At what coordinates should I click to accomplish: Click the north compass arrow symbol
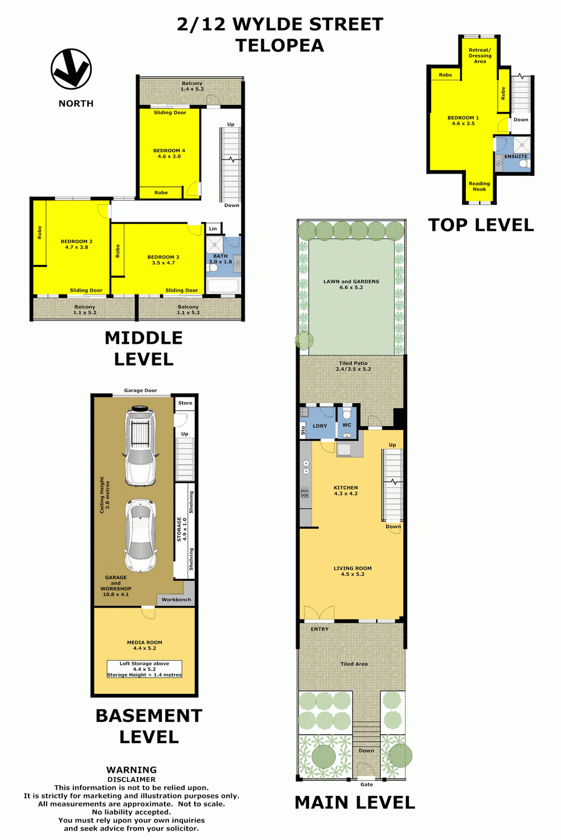pos(71,69)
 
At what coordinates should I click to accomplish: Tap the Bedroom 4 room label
pos(169,151)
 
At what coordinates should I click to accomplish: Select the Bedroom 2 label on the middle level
pos(77,241)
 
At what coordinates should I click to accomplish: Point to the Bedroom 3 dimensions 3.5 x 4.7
pos(163,263)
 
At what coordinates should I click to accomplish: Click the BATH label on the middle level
pos(221,256)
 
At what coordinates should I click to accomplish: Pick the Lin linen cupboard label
pos(213,228)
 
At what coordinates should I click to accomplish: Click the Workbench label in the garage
pos(176,600)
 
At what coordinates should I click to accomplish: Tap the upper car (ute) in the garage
pos(140,446)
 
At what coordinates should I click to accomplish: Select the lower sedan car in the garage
pos(141,535)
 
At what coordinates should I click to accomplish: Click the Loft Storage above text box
pos(144,669)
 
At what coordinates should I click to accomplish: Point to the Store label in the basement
pos(185,403)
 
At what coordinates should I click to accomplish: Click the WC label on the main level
pos(347,425)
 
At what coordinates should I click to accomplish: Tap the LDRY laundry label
pos(320,426)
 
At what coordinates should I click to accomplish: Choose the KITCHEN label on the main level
pos(346,488)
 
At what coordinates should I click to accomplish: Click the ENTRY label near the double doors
pos(320,629)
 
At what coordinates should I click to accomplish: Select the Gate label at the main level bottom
pos(366,784)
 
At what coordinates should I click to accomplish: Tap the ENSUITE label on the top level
pos(516,156)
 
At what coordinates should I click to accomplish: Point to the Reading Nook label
pos(479,186)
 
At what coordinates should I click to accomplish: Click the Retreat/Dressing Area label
pos(480,55)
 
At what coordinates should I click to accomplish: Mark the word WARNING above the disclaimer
pos(131,770)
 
